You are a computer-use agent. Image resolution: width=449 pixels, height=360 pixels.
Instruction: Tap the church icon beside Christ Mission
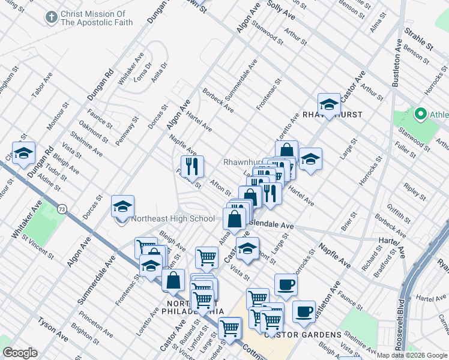pos(51,17)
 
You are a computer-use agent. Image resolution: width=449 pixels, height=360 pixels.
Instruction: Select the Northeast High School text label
pos(173,219)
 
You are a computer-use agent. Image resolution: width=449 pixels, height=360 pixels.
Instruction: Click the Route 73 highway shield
pos(62,209)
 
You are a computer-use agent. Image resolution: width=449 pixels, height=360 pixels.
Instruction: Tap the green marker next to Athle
pos(420,114)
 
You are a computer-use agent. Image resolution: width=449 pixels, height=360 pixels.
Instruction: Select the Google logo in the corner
pos(20,353)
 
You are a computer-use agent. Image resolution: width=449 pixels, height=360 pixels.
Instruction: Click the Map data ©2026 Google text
pos(411,355)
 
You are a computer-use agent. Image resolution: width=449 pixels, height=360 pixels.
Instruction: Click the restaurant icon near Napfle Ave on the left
pos(192,166)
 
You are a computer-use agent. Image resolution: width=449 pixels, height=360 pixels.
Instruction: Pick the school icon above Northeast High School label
pos(122,207)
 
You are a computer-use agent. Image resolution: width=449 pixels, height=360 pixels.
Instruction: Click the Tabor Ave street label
pos(42,85)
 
